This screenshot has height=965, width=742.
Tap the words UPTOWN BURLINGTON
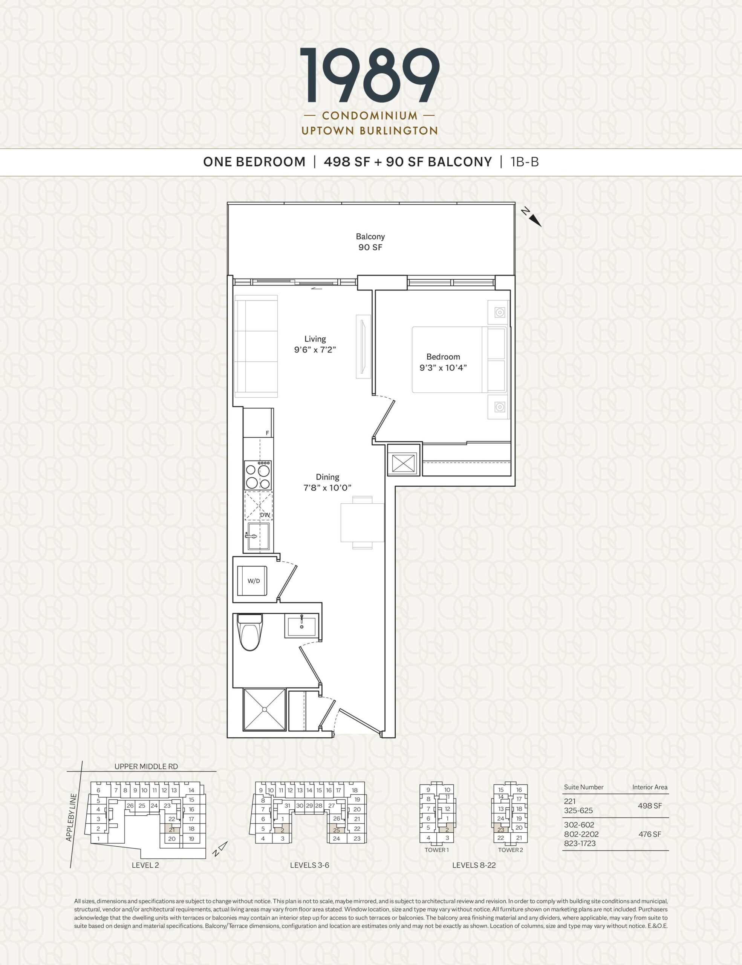click(370, 131)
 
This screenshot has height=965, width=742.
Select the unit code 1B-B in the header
click(525, 162)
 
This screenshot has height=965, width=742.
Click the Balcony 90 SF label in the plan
click(370, 242)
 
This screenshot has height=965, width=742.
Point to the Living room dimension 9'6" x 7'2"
click(315, 345)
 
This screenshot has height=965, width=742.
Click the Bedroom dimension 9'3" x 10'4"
click(443, 362)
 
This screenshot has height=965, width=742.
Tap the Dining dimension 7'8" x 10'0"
click(327, 482)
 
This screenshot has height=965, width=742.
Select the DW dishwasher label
click(265, 515)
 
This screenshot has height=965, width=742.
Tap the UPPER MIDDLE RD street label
click(146, 767)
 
